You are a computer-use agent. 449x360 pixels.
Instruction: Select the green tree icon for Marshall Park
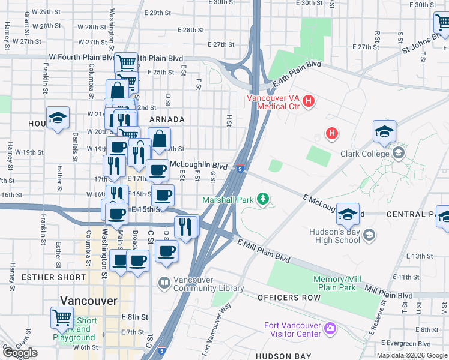(262, 199)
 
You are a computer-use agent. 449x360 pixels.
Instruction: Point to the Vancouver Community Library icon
(163, 282)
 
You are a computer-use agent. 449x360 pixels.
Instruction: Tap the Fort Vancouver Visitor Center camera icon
(329, 328)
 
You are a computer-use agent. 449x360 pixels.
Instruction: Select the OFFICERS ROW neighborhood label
(286, 298)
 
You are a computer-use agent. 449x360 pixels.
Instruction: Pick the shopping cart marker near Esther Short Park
(61, 317)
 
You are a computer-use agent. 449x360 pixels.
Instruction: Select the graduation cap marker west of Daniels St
(58, 117)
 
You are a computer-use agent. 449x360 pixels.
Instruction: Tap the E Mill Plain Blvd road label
(264, 251)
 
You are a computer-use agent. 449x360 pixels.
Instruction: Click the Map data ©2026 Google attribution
(411, 355)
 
